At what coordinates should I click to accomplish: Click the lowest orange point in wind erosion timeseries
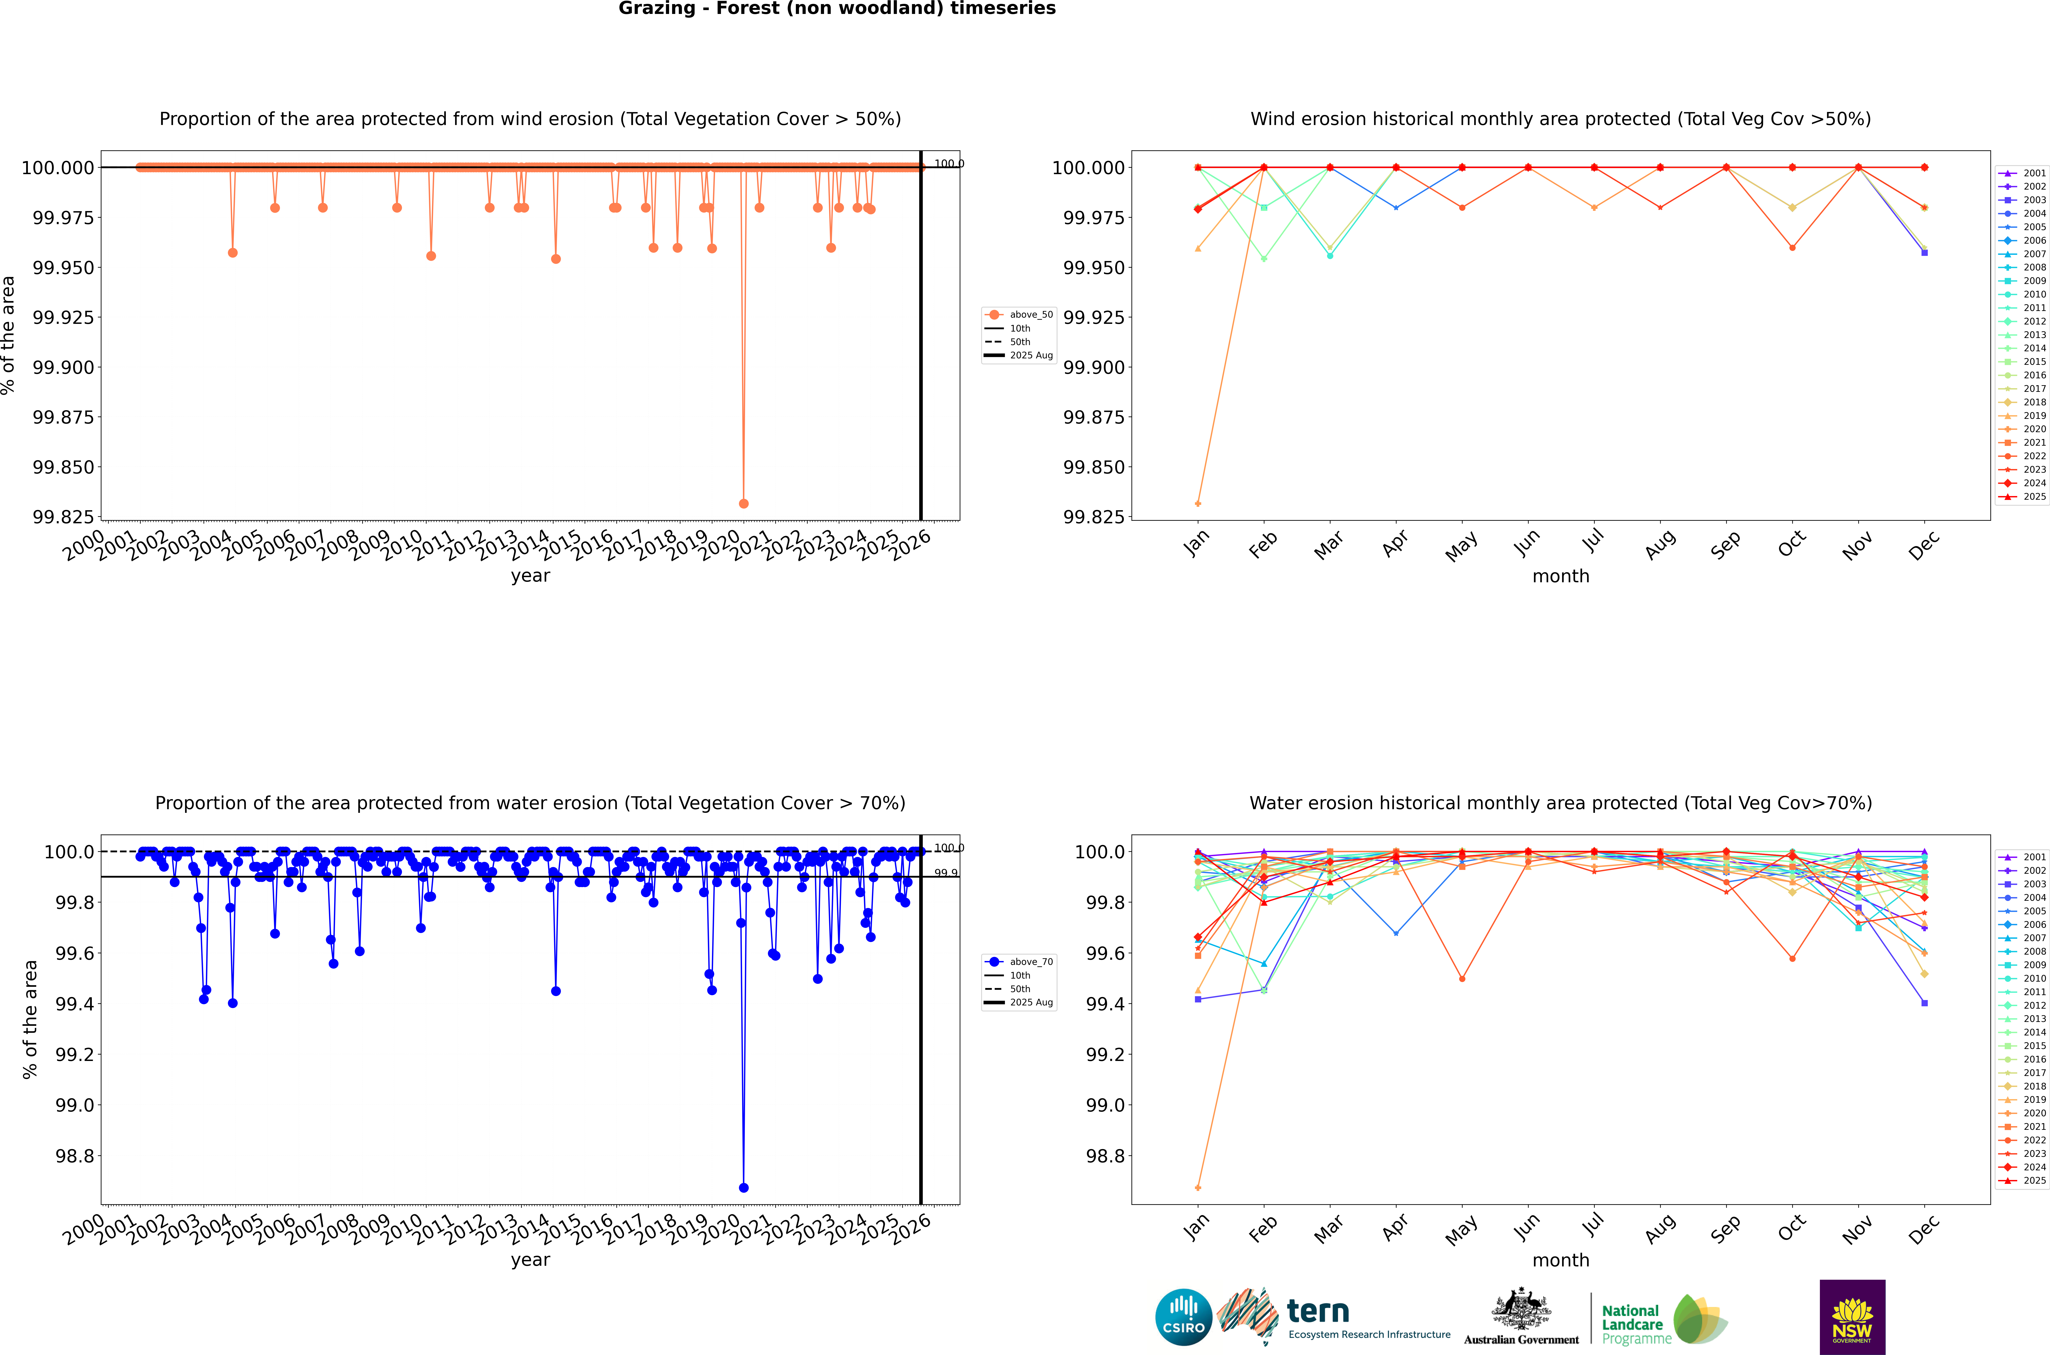744,503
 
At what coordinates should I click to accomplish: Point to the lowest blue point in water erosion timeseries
744,1187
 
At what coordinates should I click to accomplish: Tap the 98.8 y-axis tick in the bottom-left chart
74,1155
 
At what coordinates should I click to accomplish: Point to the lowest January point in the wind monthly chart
1197,503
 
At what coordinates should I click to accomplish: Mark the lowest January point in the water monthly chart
1197,1187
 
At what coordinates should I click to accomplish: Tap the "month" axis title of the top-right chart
1560,576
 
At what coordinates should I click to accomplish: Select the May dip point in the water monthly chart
1462,978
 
